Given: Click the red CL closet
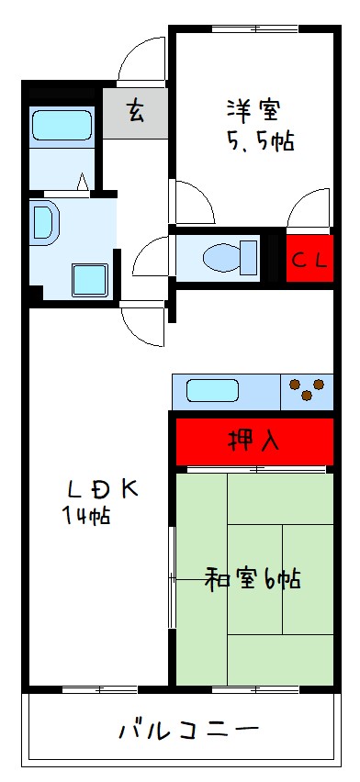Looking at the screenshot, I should (x=309, y=259).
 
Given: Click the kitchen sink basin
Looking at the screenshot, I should (x=213, y=391).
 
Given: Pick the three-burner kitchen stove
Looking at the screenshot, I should (x=308, y=391).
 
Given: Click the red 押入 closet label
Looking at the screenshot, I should (x=253, y=441).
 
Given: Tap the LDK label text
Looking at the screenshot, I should (x=101, y=487).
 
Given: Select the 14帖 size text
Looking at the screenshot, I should (x=86, y=515).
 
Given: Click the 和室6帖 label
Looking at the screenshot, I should (x=253, y=579).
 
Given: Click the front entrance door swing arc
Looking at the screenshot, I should (x=142, y=60).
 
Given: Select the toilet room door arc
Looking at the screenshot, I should (x=151, y=256).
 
